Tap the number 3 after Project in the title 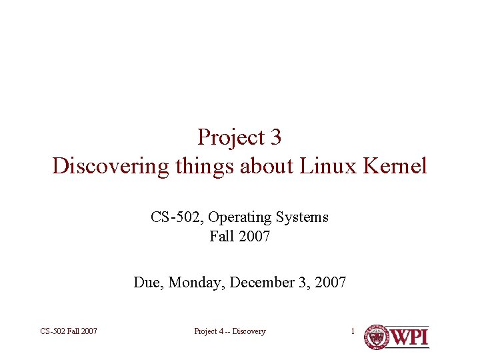[276, 137]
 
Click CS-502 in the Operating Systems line [173, 217]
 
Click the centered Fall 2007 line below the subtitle [239, 236]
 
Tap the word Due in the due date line [148, 283]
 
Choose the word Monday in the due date [197, 283]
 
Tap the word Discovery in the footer [249, 331]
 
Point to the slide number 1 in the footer [353, 331]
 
